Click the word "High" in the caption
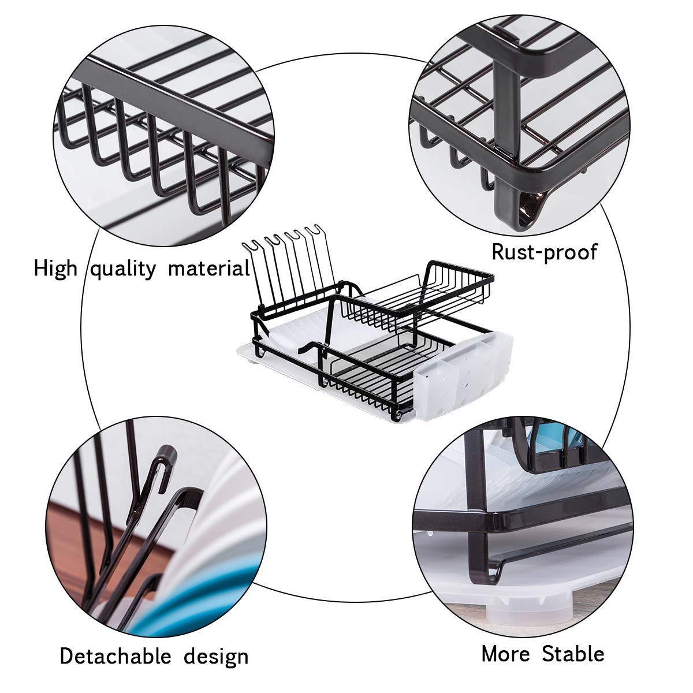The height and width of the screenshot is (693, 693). [x=55, y=269]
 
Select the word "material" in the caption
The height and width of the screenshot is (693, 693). [x=209, y=269]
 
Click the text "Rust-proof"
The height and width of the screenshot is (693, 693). [x=544, y=252]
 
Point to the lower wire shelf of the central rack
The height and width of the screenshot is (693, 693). [x=370, y=378]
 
